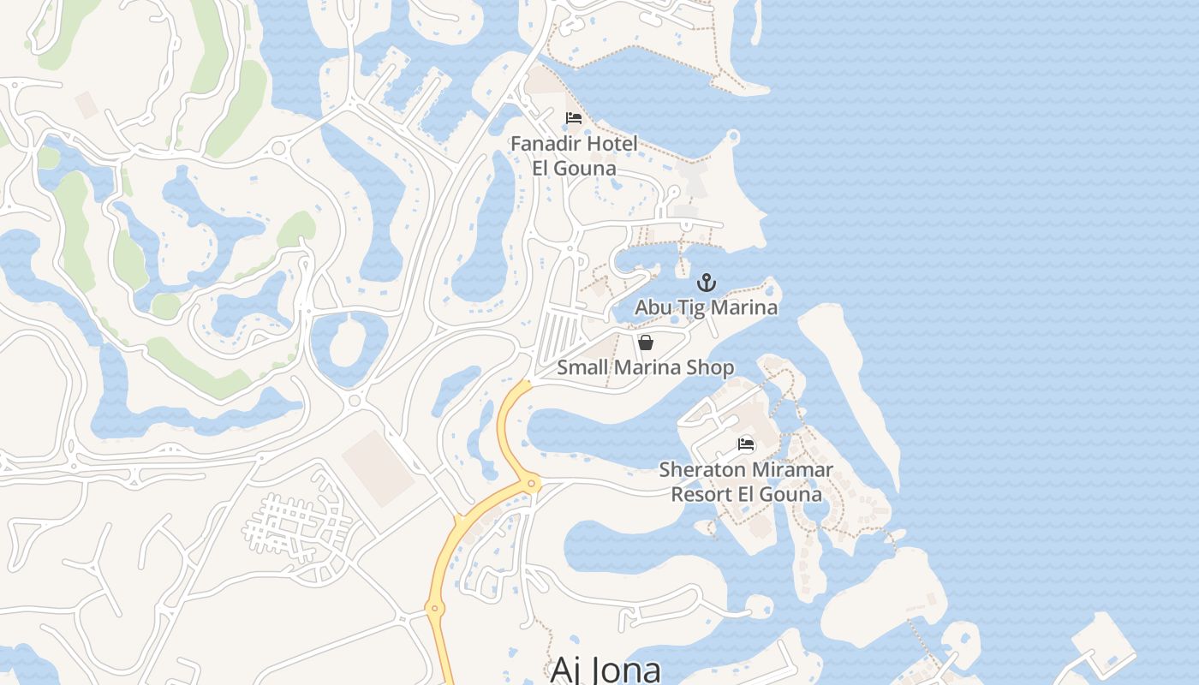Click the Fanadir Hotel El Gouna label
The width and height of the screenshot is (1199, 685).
pos(574,156)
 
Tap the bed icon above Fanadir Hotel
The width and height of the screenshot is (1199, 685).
pos(574,118)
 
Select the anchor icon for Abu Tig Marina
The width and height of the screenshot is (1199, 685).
pos(706,283)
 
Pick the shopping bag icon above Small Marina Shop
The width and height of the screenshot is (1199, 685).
pos(646,342)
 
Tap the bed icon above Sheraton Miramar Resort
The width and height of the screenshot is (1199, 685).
pos(746,444)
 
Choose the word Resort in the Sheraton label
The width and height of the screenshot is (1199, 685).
pos(701,494)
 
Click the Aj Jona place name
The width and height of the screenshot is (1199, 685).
pos(605,669)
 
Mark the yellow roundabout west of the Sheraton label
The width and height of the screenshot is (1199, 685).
pos(532,484)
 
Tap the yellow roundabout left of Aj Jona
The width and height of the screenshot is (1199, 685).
pos(434,609)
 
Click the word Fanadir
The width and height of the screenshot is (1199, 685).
pos(545,144)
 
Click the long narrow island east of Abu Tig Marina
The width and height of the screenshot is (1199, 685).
pos(848,385)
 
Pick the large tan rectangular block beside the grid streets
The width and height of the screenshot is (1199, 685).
pos(379,468)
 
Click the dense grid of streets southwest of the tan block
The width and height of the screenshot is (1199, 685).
pos(295,524)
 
